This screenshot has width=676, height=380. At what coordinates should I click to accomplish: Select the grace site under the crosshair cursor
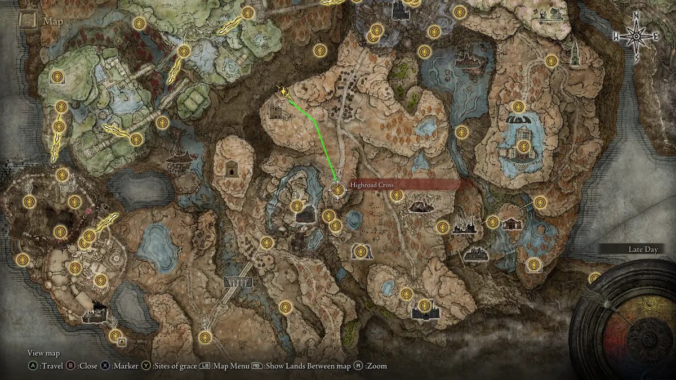(x=337, y=190)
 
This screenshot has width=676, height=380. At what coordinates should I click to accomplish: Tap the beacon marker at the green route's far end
(x=282, y=92)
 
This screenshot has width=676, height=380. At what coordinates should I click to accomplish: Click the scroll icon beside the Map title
(x=27, y=21)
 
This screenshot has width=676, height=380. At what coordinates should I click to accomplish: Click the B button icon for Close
(x=72, y=366)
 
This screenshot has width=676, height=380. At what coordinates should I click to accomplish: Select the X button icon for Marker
(x=105, y=366)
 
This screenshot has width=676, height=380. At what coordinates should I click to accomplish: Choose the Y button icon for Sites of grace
(x=147, y=366)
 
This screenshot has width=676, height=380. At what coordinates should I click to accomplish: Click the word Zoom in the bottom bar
(x=377, y=366)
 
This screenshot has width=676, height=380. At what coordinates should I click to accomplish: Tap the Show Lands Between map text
(x=308, y=366)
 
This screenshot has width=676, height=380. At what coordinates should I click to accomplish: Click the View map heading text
(x=43, y=354)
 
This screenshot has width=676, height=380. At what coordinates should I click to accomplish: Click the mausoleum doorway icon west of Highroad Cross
(x=231, y=168)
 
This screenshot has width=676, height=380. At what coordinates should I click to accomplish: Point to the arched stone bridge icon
(x=238, y=282)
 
